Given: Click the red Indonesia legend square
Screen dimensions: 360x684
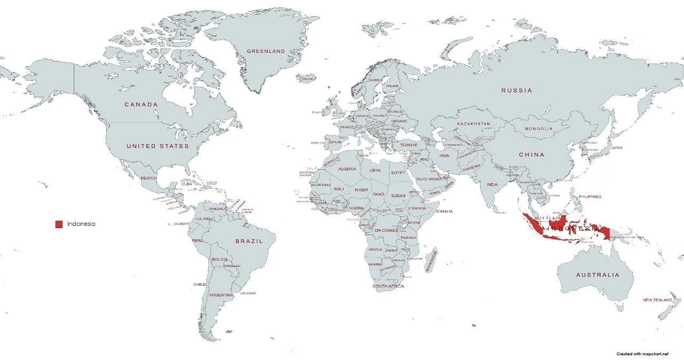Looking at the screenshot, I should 59,224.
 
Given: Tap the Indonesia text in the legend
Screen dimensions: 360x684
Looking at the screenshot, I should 81,224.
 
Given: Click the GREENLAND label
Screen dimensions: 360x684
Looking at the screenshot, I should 266,51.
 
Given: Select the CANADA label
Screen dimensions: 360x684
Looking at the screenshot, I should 141,105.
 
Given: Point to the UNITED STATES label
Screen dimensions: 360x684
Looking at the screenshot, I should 158,146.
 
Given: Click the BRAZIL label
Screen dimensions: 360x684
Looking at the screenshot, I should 249,241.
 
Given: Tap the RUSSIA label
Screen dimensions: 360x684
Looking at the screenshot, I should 516,91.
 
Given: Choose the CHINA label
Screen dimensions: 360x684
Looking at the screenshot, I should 531,155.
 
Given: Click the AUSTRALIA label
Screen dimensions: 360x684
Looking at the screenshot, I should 597,275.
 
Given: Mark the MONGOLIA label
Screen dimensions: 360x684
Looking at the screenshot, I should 538,129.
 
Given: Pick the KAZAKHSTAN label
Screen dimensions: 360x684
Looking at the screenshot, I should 473,124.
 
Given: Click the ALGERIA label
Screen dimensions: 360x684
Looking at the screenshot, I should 347,169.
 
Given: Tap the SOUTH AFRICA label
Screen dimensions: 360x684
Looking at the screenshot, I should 388,286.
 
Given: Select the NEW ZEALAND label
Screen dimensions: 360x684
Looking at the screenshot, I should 657,300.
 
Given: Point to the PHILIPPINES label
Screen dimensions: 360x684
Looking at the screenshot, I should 590,197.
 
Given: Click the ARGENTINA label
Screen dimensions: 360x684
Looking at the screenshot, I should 221,295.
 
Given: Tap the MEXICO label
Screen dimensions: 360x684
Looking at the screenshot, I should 149,178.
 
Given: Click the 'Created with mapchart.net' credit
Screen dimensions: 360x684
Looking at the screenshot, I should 642,354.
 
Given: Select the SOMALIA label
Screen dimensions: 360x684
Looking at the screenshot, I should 444,212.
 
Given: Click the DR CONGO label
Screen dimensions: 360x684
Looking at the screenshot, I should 385,231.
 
